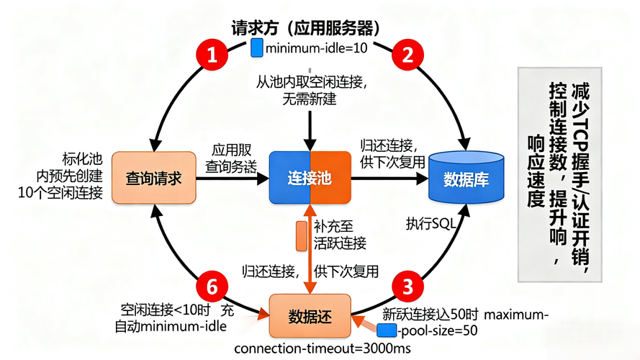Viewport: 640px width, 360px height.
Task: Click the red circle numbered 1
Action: pyautogui.click(x=212, y=55)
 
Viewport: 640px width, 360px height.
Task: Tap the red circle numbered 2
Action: pyautogui.click(x=407, y=55)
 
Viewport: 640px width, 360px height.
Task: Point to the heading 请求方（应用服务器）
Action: pyautogui.click(x=305, y=28)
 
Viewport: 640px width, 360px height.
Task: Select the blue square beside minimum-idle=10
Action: pyautogui.click(x=257, y=49)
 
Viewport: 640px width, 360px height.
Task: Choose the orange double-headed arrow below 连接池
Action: pyautogui.click(x=310, y=248)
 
